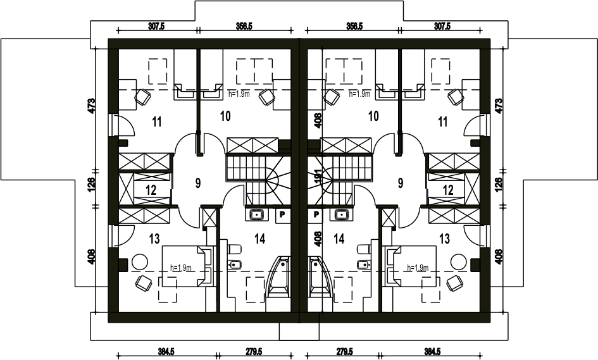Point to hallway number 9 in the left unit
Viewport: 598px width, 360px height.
point(197,183)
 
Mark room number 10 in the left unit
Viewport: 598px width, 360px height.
point(225,115)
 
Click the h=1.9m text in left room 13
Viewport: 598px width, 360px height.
point(181,268)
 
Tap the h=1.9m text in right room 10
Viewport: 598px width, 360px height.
point(359,94)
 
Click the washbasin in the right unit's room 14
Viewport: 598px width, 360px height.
point(342,214)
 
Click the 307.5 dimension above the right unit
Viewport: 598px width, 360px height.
point(442,27)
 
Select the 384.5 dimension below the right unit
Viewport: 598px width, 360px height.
point(432,351)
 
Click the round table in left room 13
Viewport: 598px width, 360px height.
point(139,261)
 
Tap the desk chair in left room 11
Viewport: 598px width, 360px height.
point(142,97)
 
